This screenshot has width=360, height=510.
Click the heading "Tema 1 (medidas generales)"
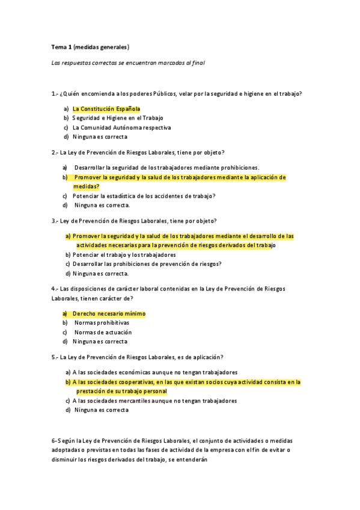(90, 46)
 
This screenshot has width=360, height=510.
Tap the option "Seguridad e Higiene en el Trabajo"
(118, 118)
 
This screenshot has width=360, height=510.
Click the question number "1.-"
(55, 94)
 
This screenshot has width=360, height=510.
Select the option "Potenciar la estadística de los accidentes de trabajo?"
(144, 195)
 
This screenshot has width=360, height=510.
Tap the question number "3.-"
(55, 221)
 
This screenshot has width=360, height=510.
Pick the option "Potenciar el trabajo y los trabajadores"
(124, 254)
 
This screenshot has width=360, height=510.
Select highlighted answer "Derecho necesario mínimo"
(109, 313)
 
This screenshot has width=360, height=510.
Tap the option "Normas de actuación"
(103, 332)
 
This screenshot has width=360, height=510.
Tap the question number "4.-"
(55, 289)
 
